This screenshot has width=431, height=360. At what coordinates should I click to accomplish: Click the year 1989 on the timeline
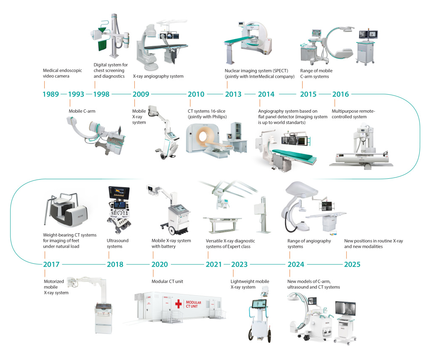point(51,94)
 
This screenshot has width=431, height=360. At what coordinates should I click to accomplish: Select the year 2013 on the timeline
point(233,94)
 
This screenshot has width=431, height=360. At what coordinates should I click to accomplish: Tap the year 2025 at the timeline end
point(352,265)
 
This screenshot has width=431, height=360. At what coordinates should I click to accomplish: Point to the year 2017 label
point(51,265)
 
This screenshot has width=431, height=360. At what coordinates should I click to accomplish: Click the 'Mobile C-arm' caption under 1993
point(82,111)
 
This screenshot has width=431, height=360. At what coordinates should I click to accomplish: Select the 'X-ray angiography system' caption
point(158,77)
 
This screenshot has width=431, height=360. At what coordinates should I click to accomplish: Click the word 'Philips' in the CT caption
point(218,116)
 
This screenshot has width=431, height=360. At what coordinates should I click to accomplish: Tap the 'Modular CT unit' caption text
point(168,281)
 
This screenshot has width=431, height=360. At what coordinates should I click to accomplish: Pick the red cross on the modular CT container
point(178,304)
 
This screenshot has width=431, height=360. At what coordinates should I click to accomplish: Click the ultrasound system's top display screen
point(119,192)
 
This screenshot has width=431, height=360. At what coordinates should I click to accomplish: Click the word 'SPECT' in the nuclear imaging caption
point(280,71)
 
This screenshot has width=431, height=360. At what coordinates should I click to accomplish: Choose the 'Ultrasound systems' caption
point(118,244)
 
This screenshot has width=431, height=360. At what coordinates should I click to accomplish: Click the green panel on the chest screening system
point(102,45)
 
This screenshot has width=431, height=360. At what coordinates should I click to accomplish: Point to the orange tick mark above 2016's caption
point(335,103)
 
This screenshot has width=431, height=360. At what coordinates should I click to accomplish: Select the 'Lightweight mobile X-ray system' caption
point(250,284)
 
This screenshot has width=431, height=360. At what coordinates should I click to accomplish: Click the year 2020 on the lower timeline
point(160,265)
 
